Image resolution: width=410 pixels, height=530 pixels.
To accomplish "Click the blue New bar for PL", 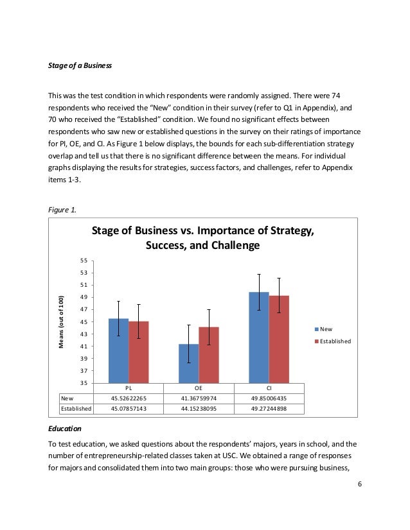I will pyautogui.click(x=118, y=350).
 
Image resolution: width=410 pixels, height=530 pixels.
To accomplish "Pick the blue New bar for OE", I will pyautogui.click(x=188, y=363).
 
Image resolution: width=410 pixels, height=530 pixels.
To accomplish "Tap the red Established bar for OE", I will pyautogui.click(x=208, y=355).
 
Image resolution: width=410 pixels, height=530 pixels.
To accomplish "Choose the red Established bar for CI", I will pyautogui.click(x=278, y=339).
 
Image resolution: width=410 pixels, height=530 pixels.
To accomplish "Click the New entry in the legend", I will pyautogui.click(x=326, y=329).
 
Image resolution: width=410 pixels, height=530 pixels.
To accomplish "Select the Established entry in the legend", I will pyautogui.click(x=332, y=341).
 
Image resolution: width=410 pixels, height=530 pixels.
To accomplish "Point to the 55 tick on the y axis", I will pyautogui.click(x=84, y=261).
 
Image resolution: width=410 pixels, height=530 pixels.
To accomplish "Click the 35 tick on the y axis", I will pyautogui.click(x=84, y=383).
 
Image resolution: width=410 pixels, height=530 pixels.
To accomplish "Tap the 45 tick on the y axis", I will pyautogui.click(x=84, y=321).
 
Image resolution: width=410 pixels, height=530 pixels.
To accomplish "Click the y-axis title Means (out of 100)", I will pyautogui.click(x=62, y=322).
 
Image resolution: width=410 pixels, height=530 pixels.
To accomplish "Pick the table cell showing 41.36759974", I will pyautogui.click(x=199, y=398).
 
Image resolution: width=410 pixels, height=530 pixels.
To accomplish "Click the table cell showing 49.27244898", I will pyautogui.click(x=269, y=407).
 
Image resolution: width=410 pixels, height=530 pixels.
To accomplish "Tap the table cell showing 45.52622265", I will pyautogui.click(x=129, y=398).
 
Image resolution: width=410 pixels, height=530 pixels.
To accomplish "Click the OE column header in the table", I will pyautogui.click(x=199, y=388).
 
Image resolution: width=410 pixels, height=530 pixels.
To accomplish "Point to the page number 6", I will pyautogui.click(x=360, y=483).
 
